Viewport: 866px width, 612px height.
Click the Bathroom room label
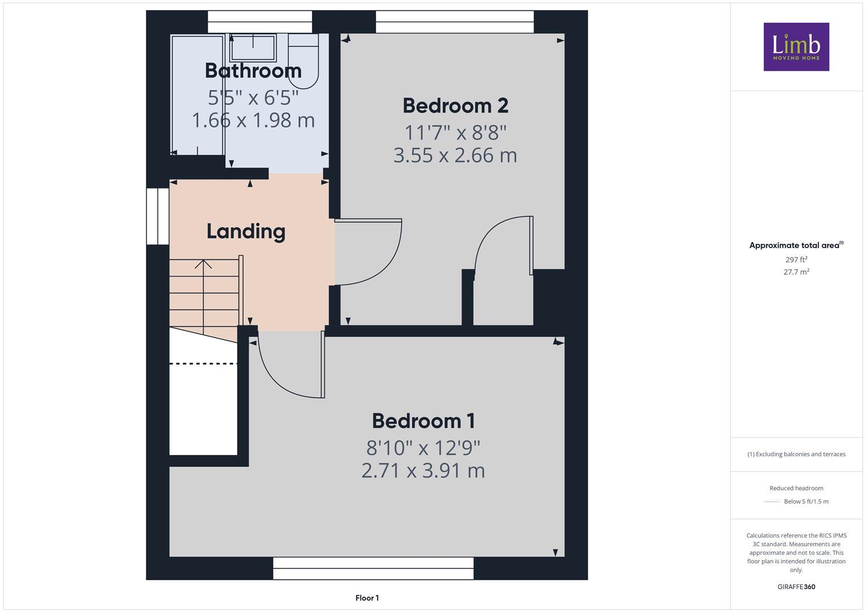253,71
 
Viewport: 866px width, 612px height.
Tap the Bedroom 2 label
455,106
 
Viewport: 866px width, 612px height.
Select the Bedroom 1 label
423,421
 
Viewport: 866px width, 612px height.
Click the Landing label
246,231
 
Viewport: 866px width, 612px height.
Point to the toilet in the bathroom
303,59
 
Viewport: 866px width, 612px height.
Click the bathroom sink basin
252,48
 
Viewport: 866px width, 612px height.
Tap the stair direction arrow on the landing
204,265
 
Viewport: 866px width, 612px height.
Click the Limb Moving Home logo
796,47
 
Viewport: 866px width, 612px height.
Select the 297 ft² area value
796,260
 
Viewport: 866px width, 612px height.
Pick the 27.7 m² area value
796,272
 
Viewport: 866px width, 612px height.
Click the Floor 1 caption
367,598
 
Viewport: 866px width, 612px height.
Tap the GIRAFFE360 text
796,587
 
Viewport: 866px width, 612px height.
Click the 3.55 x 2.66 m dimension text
455,155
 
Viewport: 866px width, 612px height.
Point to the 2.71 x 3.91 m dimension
423,471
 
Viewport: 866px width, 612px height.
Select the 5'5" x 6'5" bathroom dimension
253,97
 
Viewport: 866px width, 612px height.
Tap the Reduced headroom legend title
796,488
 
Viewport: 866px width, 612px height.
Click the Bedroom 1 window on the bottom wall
373,568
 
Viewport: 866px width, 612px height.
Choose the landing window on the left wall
158,216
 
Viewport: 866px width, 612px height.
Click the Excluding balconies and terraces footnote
796,454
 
